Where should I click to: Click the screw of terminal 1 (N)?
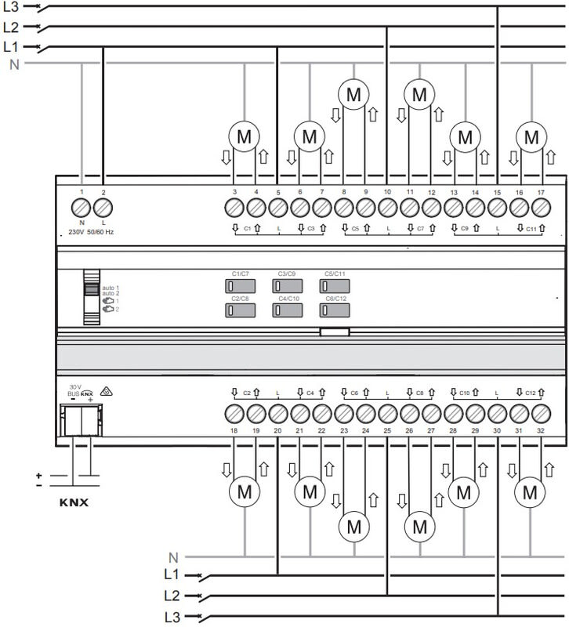82,208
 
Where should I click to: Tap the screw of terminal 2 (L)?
103,208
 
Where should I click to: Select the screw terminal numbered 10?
387,208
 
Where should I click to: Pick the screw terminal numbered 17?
539,208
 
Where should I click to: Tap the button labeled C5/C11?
334,286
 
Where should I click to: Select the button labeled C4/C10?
287,310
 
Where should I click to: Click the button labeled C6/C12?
334,310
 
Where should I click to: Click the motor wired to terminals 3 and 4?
244,136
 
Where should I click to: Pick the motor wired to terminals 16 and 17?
532,136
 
